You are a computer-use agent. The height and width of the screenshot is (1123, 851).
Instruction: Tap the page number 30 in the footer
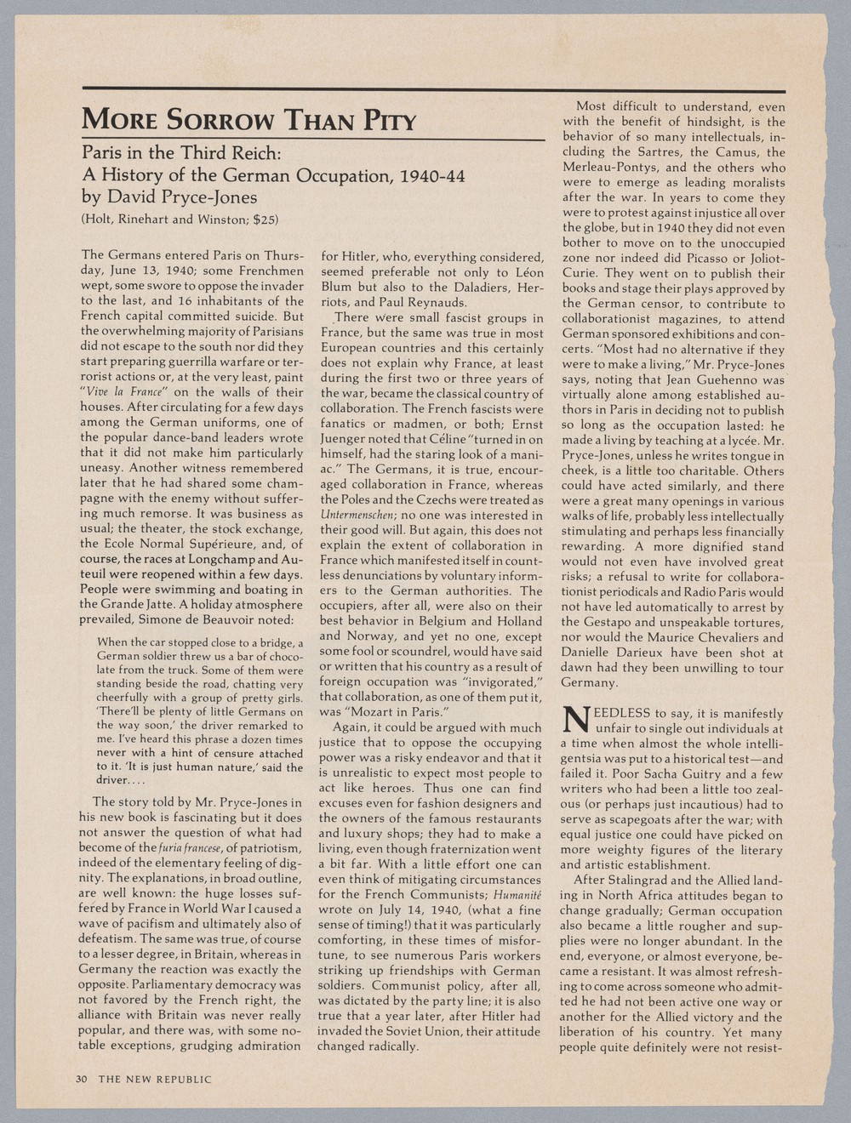(82, 1079)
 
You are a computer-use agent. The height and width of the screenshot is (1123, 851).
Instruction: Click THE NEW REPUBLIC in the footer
(154, 1079)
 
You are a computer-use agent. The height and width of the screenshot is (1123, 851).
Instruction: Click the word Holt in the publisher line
(99, 220)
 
